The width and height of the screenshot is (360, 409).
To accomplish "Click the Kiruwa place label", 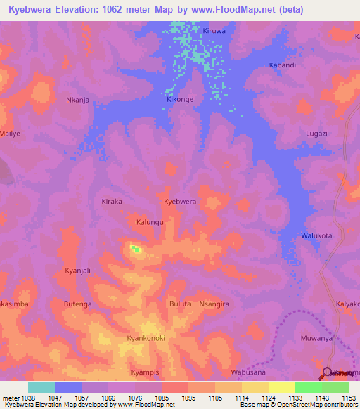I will pyautogui.click(x=214, y=32).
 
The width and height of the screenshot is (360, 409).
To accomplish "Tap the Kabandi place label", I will pyautogui.click(x=283, y=65).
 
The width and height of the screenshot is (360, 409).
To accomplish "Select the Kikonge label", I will pyautogui.click(x=180, y=100).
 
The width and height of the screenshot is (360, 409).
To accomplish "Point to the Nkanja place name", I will pyautogui.click(x=77, y=100).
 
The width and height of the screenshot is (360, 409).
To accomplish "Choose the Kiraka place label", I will pyautogui.click(x=112, y=201).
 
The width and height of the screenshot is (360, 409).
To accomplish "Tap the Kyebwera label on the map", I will pyautogui.click(x=180, y=202).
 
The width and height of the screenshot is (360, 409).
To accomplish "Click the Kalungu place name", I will pyautogui.click(x=150, y=222).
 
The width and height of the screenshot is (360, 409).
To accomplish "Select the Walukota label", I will pyautogui.click(x=316, y=235).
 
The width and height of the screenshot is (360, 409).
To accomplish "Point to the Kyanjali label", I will pyautogui.click(x=77, y=270).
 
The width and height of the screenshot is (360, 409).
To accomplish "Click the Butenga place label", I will pyautogui.click(x=78, y=304).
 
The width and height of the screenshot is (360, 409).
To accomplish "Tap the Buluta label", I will pyautogui.click(x=180, y=304).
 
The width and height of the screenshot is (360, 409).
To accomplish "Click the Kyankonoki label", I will pyautogui.click(x=146, y=338).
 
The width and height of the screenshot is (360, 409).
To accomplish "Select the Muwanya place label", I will pyautogui.click(x=316, y=338).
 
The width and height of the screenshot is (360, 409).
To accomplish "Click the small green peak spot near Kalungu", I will pyautogui.click(x=134, y=248).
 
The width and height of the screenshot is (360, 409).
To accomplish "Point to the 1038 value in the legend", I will pyautogui.click(x=27, y=398).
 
